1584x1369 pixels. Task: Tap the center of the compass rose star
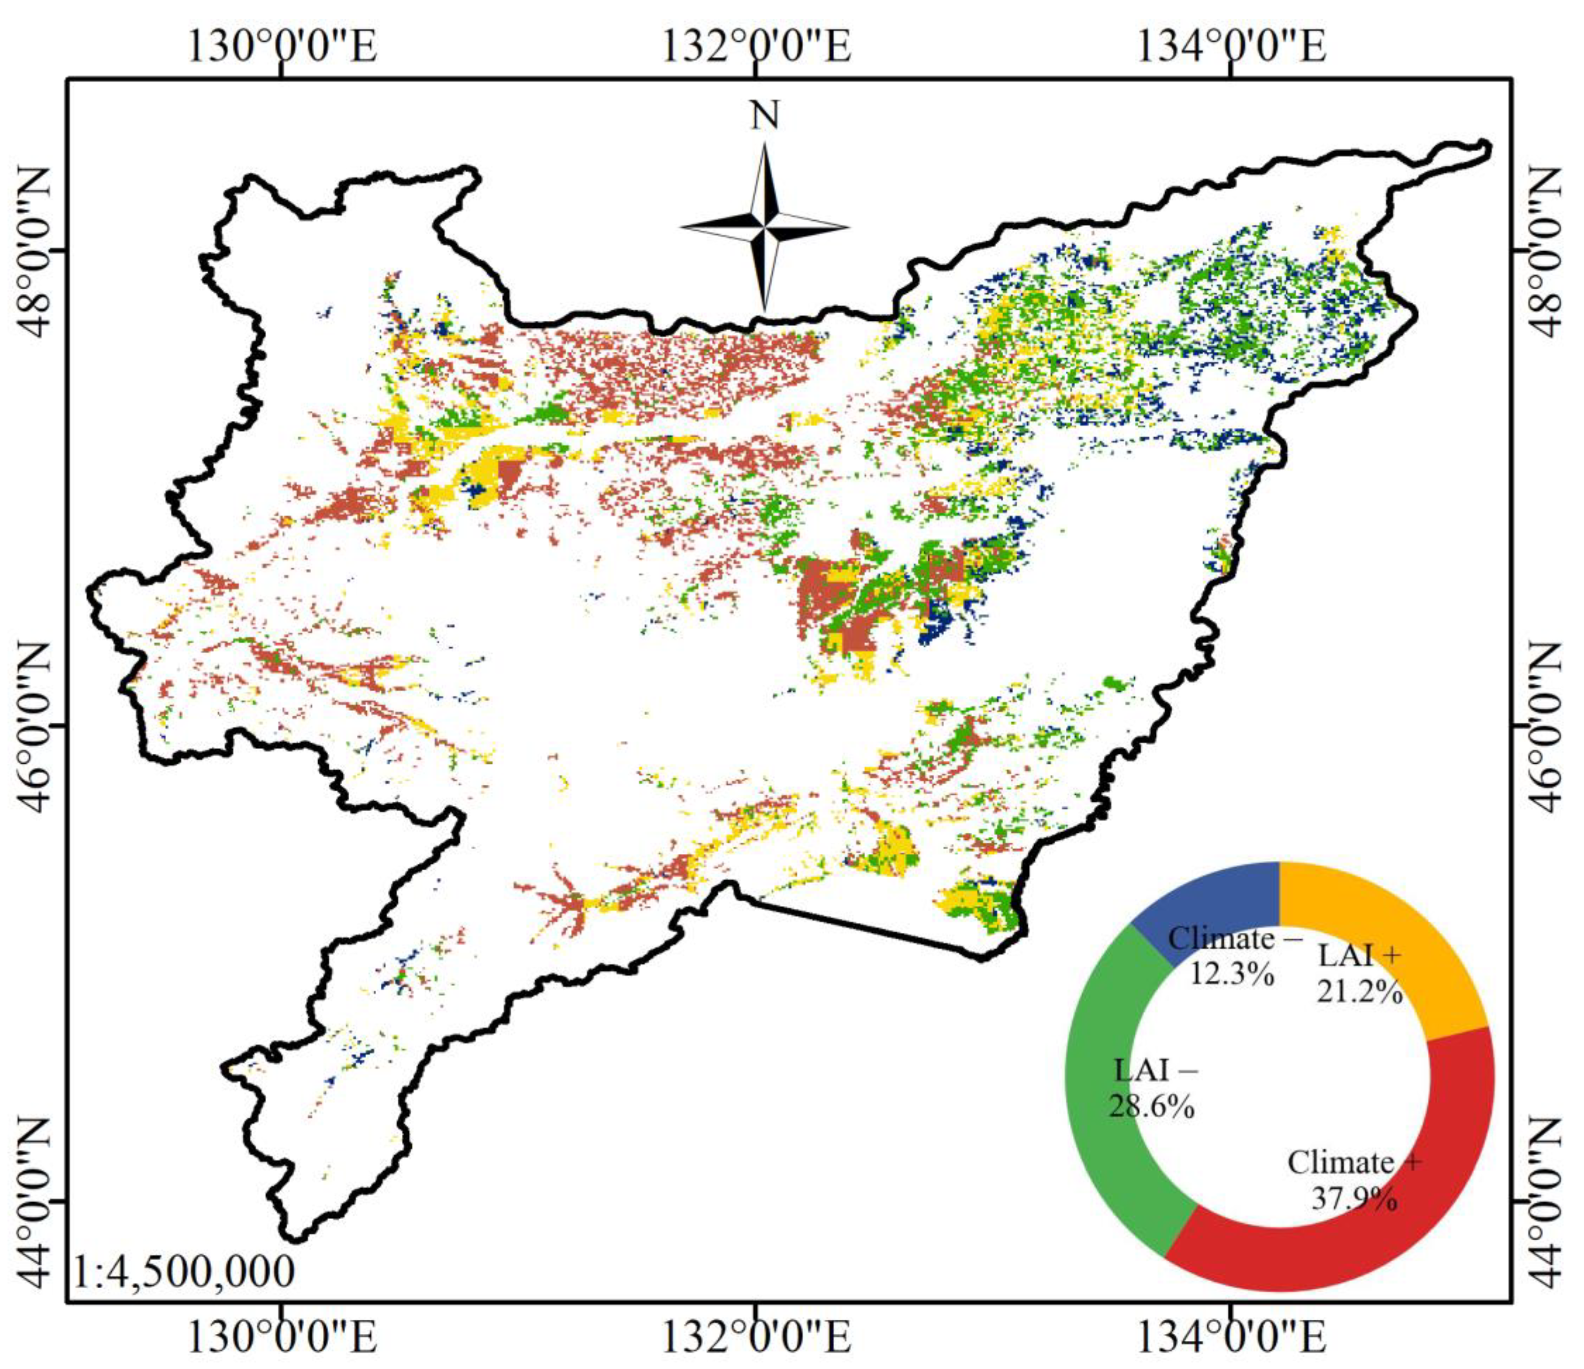764,227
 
